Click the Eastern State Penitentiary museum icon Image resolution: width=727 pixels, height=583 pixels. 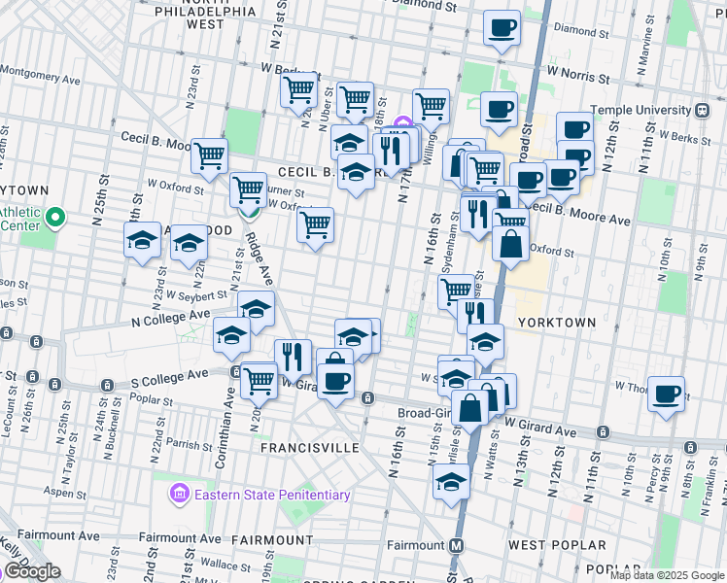178,496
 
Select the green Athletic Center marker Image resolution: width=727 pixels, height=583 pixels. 55,219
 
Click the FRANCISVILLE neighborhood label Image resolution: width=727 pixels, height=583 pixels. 304,448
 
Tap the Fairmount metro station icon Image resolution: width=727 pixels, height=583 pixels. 455,545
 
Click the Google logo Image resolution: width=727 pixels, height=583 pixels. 32,571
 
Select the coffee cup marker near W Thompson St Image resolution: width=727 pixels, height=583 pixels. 667,394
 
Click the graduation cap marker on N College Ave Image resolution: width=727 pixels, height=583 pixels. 256,310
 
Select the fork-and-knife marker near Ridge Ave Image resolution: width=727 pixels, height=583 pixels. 293,357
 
